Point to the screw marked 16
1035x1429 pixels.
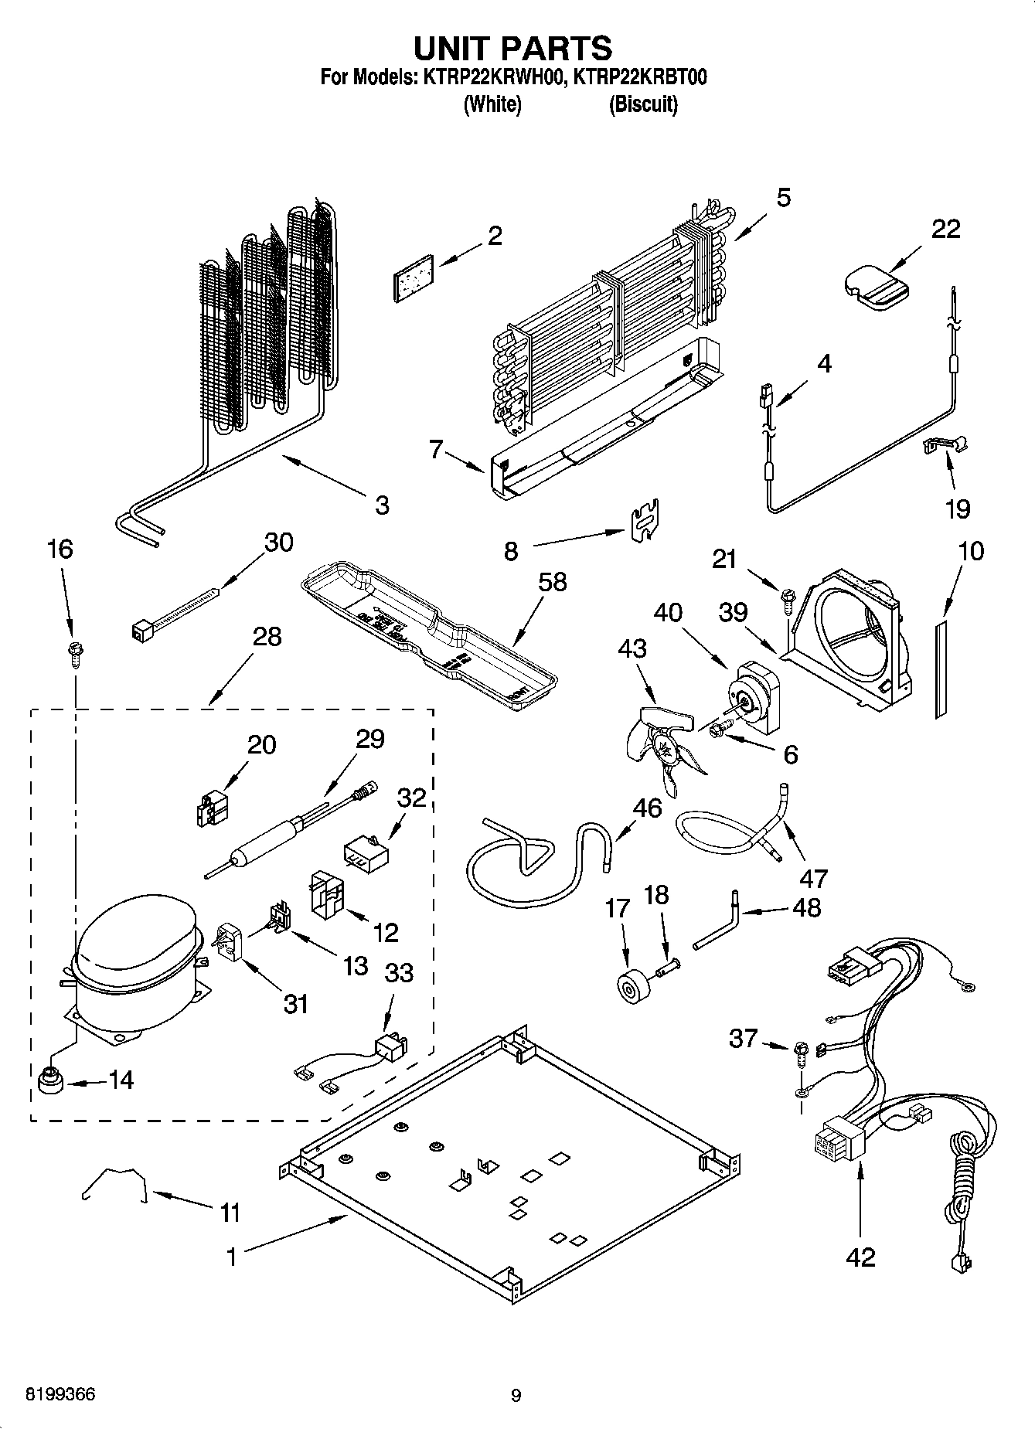tap(76, 650)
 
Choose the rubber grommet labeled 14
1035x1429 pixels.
tap(50, 1081)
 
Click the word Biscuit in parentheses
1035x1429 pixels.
tap(643, 104)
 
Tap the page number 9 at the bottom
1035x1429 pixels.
tap(516, 1396)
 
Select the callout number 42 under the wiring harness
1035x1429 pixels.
tap(860, 1257)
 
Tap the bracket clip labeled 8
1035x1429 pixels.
tap(645, 519)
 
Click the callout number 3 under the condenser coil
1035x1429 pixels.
tap(382, 505)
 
